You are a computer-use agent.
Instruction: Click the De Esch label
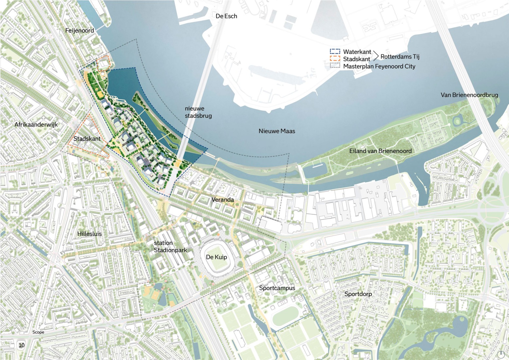(226, 16)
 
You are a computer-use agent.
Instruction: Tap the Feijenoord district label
(79, 30)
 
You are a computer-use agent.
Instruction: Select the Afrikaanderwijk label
(36, 124)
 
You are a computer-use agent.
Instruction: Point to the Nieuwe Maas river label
(277, 131)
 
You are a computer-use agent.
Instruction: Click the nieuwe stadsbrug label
(198, 112)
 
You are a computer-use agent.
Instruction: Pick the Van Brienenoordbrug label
(469, 95)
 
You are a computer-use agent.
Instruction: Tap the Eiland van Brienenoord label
(380, 151)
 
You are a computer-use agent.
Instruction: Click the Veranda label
(222, 199)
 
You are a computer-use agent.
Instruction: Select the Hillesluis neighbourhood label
(89, 234)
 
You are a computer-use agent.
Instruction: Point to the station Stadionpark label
(170, 246)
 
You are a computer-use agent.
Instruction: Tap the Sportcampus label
(277, 288)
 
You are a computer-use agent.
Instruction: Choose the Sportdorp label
(358, 294)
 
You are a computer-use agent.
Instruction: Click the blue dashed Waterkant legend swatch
(335, 52)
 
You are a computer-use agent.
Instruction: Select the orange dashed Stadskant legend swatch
(335, 59)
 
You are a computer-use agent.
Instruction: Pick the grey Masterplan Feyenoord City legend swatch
(335, 66)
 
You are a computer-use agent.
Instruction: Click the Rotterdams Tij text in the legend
(400, 57)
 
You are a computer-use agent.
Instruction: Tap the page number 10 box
(22, 345)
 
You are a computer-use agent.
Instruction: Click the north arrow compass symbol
(500, 354)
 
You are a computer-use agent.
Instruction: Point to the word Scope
(38, 332)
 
